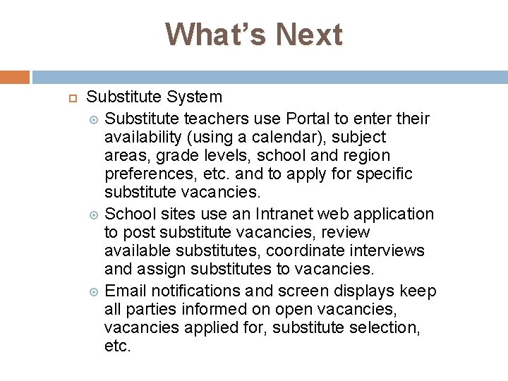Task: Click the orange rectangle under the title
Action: coord(15,77)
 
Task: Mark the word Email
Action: coord(124,291)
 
